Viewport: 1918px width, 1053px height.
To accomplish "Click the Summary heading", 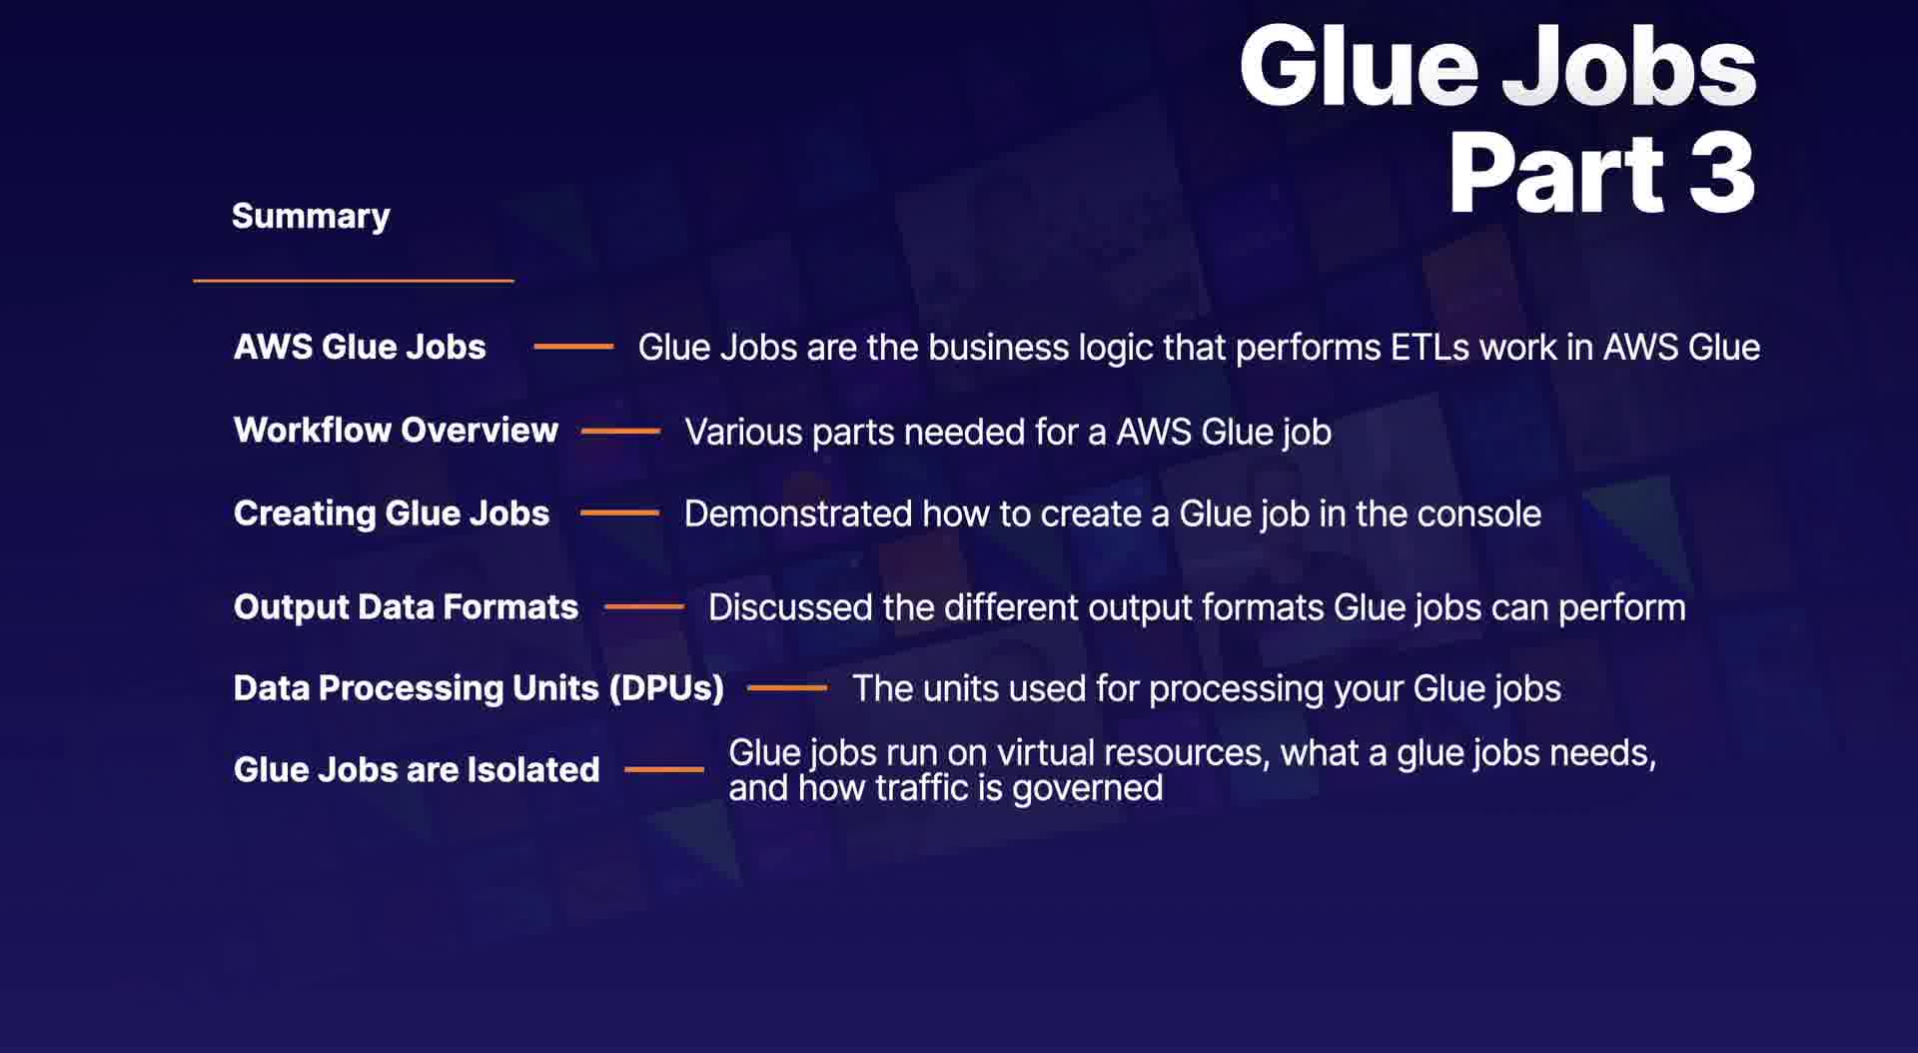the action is pos(311,217).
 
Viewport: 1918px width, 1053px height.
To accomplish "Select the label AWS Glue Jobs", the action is pos(360,347).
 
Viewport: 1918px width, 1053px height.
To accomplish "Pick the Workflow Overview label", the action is pos(396,431).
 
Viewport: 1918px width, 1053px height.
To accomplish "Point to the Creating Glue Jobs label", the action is pos(392,514).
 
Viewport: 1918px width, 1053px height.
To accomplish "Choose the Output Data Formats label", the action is pos(406,607).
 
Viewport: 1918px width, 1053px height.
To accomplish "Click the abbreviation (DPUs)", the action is pos(666,688).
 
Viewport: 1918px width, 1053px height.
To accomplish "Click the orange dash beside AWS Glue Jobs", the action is pos(573,347).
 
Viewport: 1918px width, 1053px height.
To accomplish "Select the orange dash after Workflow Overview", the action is pos(620,432).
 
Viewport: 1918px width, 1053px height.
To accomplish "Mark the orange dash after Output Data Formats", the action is pos(643,606).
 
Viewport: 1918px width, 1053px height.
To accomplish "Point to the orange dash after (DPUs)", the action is pos(787,688).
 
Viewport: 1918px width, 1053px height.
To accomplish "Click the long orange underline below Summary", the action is pos(354,281).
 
